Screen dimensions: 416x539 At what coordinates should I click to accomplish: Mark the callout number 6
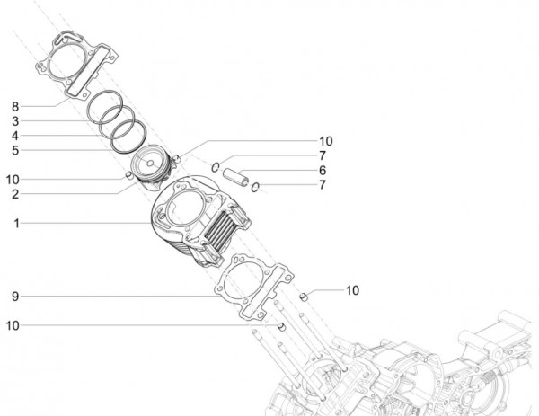322,170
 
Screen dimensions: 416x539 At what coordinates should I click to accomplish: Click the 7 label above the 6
322,155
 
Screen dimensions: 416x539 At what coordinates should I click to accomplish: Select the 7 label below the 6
322,184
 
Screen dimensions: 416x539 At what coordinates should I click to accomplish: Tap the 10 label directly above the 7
325,141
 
